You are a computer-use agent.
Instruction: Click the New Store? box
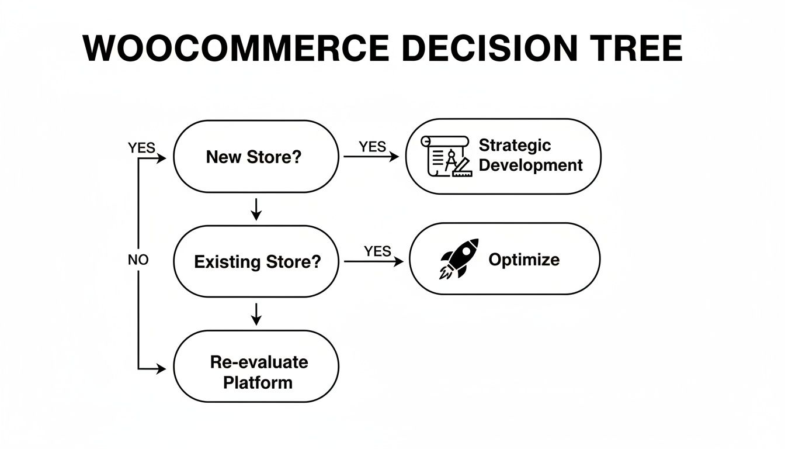coord(256,157)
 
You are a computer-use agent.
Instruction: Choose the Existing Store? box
coord(256,261)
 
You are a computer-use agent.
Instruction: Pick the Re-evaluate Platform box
coord(256,367)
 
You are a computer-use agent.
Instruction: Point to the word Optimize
coord(523,259)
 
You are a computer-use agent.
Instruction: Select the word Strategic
coord(515,145)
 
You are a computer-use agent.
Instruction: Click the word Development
coord(530,165)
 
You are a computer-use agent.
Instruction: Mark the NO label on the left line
coord(138,260)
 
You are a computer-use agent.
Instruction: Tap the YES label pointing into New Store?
coord(141,148)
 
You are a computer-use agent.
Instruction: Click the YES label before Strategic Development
coord(372,147)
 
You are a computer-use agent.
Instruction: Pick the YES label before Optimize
coord(377,251)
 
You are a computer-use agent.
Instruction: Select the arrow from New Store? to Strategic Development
coord(371,157)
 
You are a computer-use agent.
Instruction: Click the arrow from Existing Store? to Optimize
coord(374,261)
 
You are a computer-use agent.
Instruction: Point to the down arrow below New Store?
coord(256,209)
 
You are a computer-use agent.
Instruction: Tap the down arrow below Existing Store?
coord(256,313)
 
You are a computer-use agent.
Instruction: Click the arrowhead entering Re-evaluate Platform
coord(161,369)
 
